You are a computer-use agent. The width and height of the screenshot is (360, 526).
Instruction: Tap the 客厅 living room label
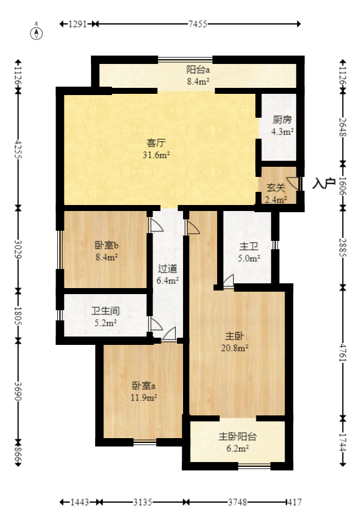pyautogui.click(x=157, y=143)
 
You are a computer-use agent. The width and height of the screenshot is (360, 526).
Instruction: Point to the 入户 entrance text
pyautogui.click(x=324, y=183)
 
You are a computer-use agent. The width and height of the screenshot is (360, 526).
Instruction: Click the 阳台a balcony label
pyautogui.click(x=197, y=69)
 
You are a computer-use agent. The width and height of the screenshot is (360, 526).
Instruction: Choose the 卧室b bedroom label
pyautogui.click(x=106, y=246)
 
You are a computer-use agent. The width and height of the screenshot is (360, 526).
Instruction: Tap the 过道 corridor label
pyautogui.click(x=167, y=268)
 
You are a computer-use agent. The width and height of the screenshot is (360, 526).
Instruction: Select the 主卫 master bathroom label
pyautogui.click(x=249, y=246)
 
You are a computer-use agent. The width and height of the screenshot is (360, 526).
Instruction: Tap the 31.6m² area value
pyautogui.click(x=157, y=155)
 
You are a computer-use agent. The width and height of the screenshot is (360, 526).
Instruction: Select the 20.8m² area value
pyautogui.click(x=237, y=347)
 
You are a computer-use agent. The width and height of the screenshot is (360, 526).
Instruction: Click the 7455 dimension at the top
pyautogui.click(x=197, y=24)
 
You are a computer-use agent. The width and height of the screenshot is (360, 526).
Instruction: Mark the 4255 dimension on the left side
pyautogui.click(x=17, y=148)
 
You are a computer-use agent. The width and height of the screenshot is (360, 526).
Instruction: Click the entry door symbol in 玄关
pyautogui.click(x=293, y=183)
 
